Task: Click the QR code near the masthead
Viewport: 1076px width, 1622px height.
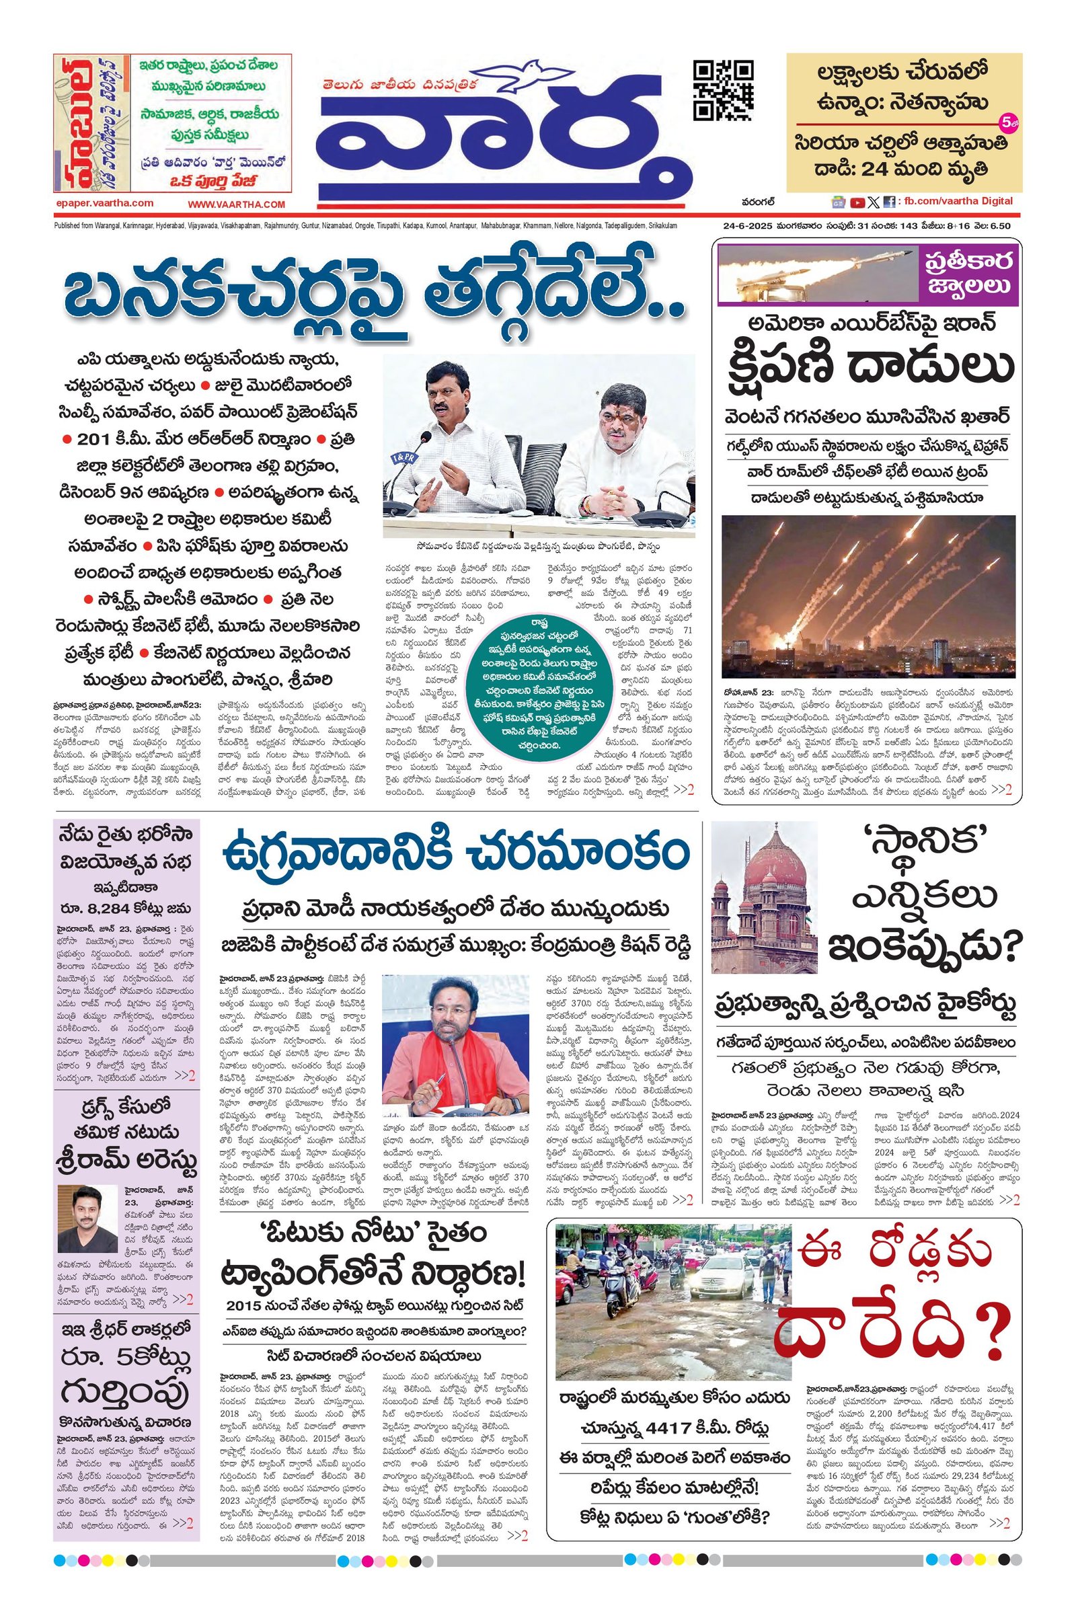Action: coord(724,90)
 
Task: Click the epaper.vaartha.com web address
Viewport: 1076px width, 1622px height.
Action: coord(105,203)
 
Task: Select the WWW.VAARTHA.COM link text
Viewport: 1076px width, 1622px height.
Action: coord(236,204)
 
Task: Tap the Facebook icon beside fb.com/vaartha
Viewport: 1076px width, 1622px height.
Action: coord(888,202)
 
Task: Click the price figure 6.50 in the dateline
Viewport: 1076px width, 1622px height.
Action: coord(999,225)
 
